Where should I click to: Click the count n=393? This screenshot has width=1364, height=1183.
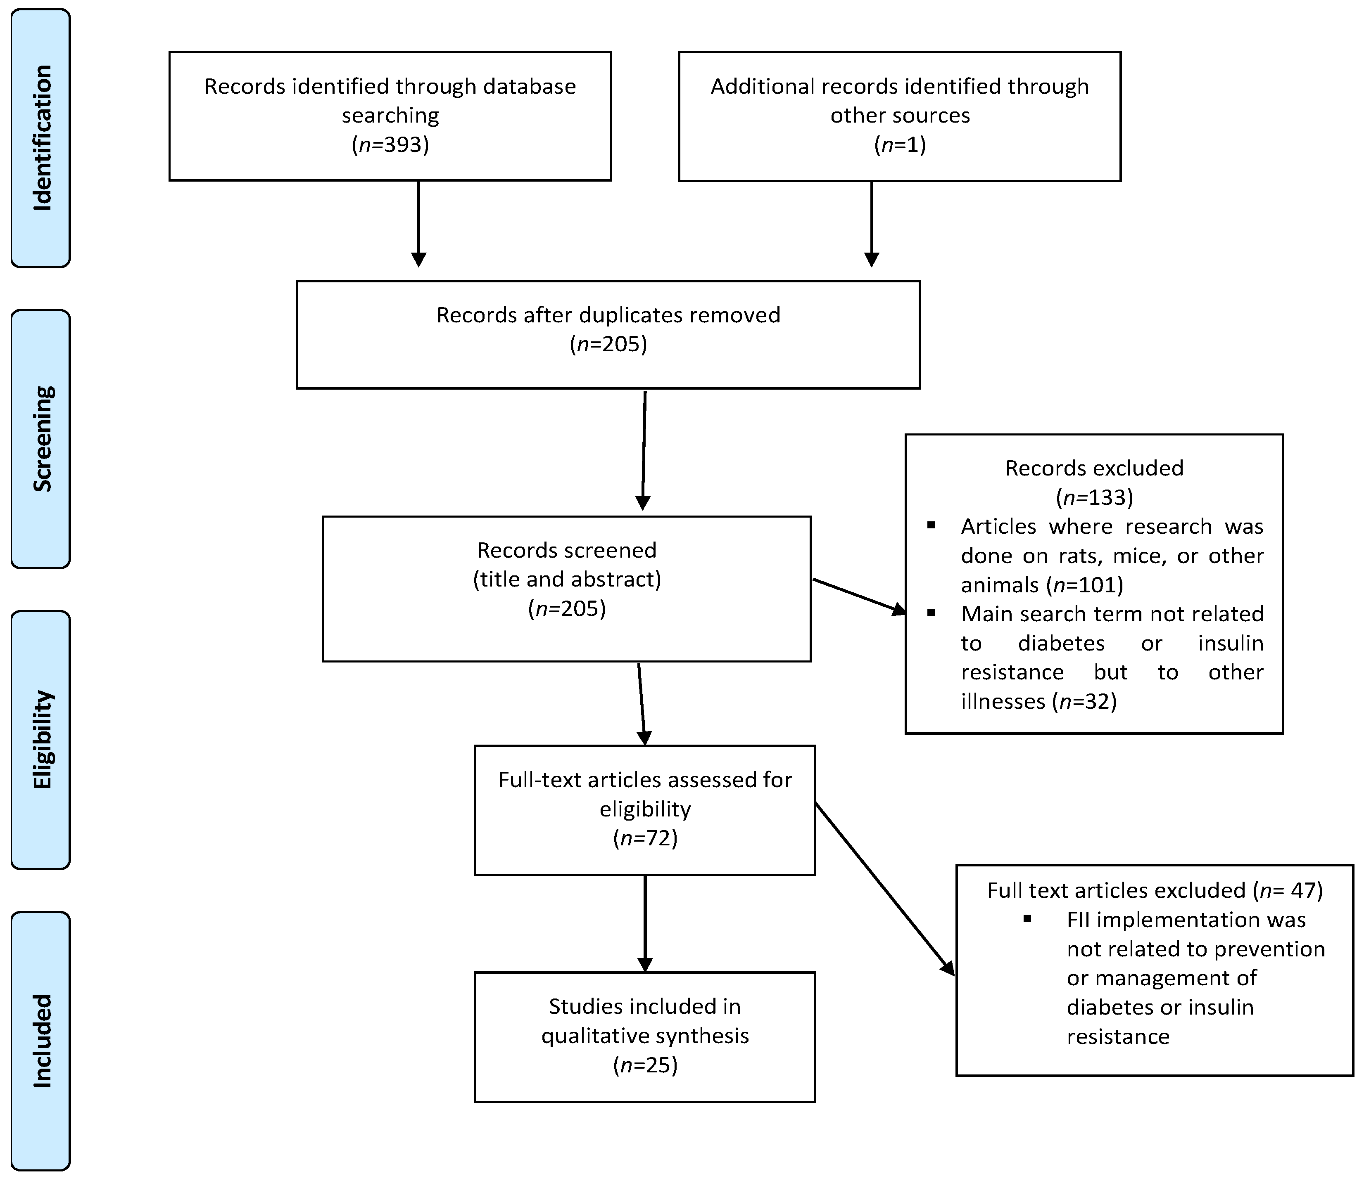point(390,144)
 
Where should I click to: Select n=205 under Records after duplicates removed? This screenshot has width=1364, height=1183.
point(608,344)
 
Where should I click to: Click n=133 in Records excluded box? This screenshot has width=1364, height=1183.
point(1094,497)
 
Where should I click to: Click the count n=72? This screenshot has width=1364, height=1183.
point(645,838)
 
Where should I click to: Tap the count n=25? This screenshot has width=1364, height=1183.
point(645,1065)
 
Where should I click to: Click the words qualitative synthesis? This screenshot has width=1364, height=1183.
point(645,1036)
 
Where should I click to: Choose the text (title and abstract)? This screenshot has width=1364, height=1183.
point(567,579)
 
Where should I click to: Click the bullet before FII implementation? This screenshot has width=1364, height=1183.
point(1027,918)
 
